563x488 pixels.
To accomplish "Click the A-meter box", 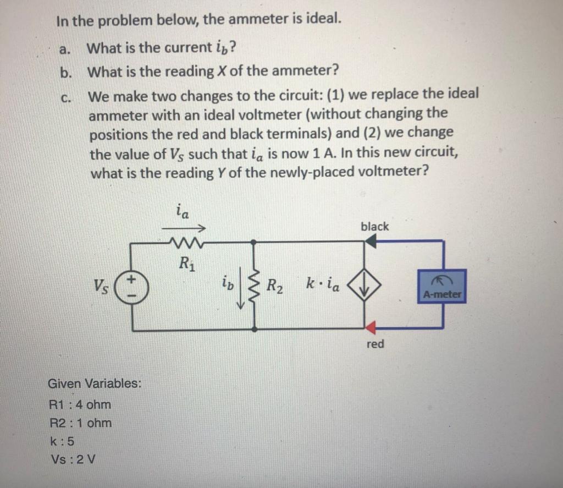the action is [x=441, y=287].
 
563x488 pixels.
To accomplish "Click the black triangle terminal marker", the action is [x=371, y=241].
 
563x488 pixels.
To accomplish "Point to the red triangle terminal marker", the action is [x=371, y=327].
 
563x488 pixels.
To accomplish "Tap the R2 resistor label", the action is [x=274, y=286].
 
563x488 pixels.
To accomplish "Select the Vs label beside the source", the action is [x=101, y=287].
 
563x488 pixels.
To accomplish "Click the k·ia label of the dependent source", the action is [x=322, y=284].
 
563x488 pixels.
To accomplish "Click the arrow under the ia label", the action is [x=183, y=228].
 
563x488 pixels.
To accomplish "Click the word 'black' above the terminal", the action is [x=374, y=226].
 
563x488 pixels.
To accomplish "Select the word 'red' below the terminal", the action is [x=375, y=344].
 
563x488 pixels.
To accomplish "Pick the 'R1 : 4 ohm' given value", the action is [x=80, y=404].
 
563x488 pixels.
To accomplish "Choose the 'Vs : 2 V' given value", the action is [x=73, y=459].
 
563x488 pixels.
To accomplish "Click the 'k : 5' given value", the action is [x=63, y=441].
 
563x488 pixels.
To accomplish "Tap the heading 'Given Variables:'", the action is [x=95, y=383].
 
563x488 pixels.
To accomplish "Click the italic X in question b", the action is [x=221, y=71].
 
